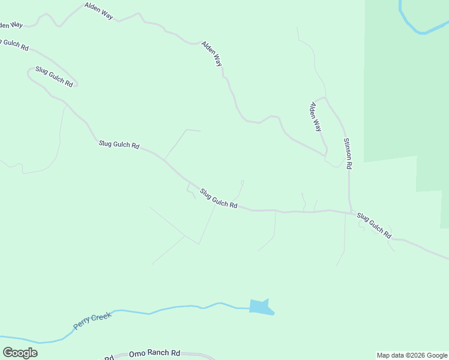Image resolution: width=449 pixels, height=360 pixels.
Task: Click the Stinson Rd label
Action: pyautogui.click(x=348, y=153)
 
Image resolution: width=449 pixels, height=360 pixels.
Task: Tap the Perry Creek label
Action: pyautogui.click(x=89, y=320)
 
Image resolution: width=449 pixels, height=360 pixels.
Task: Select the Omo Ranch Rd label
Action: pyautogui.click(x=154, y=353)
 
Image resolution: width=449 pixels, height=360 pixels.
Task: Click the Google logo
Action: pyautogui.click(x=20, y=353)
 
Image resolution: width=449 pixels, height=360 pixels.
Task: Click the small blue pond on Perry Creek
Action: pyautogui.click(x=261, y=307)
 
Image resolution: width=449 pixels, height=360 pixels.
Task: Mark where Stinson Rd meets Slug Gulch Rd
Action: pyautogui.click(x=351, y=212)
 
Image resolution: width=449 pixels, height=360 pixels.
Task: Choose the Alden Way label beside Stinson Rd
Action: pyautogui.click(x=316, y=117)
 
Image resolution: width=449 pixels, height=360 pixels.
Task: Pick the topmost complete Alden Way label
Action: pyautogui.click(x=99, y=11)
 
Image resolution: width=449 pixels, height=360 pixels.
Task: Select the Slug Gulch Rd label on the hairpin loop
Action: pyautogui.click(x=54, y=77)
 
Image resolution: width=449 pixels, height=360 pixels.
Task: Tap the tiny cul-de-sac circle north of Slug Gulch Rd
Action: pyautogui.click(x=243, y=182)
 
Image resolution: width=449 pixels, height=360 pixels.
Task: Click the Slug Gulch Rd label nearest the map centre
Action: pyautogui.click(x=218, y=199)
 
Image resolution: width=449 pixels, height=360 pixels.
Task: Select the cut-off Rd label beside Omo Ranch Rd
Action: pyautogui.click(x=109, y=358)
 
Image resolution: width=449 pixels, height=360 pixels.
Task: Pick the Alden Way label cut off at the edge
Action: pyautogui.click(x=11, y=25)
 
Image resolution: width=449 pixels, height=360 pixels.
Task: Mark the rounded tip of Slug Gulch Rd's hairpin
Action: pyautogui.click(x=28, y=71)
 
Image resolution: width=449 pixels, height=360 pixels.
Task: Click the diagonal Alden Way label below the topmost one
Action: pyautogui.click(x=212, y=53)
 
